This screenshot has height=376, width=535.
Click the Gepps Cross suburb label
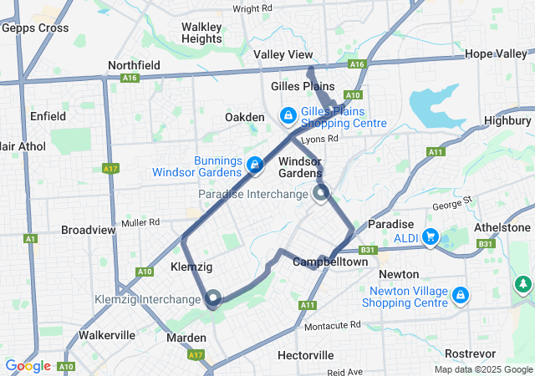pos(35,28)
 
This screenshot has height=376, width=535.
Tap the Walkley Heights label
pos(201,33)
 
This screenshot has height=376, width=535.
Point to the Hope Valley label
pos(496,53)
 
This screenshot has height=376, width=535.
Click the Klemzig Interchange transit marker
pos(212,298)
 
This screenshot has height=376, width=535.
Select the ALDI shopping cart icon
pos(431,237)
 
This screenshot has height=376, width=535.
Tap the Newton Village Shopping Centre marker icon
pos(460,295)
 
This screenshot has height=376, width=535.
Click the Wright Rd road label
pos(252,9)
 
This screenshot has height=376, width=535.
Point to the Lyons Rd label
pos(320,139)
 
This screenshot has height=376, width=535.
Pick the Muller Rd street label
pos(140,222)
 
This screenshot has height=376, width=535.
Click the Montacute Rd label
pos(332,324)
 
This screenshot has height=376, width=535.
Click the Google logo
pos(28,366)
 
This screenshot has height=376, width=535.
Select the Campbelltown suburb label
pos(330,262)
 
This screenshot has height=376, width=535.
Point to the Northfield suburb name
pos(134,65)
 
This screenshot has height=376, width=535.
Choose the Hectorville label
pos(305,355)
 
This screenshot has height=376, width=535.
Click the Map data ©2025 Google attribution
pos(482,369)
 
